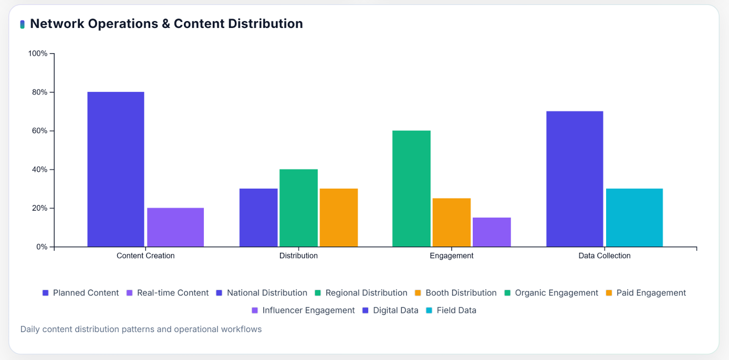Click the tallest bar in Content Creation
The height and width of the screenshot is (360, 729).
pos(116,169)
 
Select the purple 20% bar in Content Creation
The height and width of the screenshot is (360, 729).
pos(175,227)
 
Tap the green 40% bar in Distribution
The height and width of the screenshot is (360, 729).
pos(298,208)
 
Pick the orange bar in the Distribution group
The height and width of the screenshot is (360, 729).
pos(339,218)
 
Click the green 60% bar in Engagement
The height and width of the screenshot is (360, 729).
pos(411,189)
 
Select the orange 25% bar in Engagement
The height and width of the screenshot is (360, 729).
pos(451,222)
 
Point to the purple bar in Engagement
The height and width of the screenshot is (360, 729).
pos(492,232)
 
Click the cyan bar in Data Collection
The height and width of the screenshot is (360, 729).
pos(634,218)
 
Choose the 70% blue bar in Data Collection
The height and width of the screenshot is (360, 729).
pos(575,179)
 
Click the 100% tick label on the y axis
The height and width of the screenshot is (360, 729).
pos(38,54)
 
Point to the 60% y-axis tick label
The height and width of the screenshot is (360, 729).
pos(39,131)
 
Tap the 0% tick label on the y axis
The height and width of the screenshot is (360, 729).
pos(41,247)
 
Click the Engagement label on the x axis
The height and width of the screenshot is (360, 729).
pos(451,256)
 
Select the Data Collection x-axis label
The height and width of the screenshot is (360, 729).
pos(604,256)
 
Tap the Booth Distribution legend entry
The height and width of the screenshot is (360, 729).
pos(461,293)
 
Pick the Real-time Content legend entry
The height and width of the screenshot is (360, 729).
pos(172,293)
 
